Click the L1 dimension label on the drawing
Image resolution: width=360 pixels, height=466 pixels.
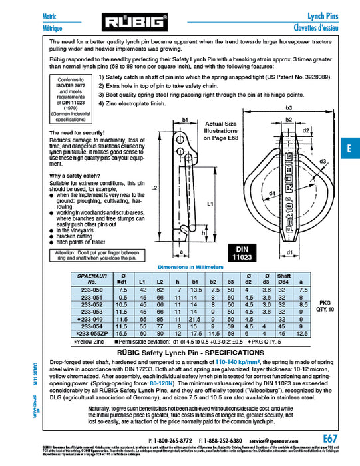(210, 202)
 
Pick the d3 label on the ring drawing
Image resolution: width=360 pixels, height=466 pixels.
(323, 162)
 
